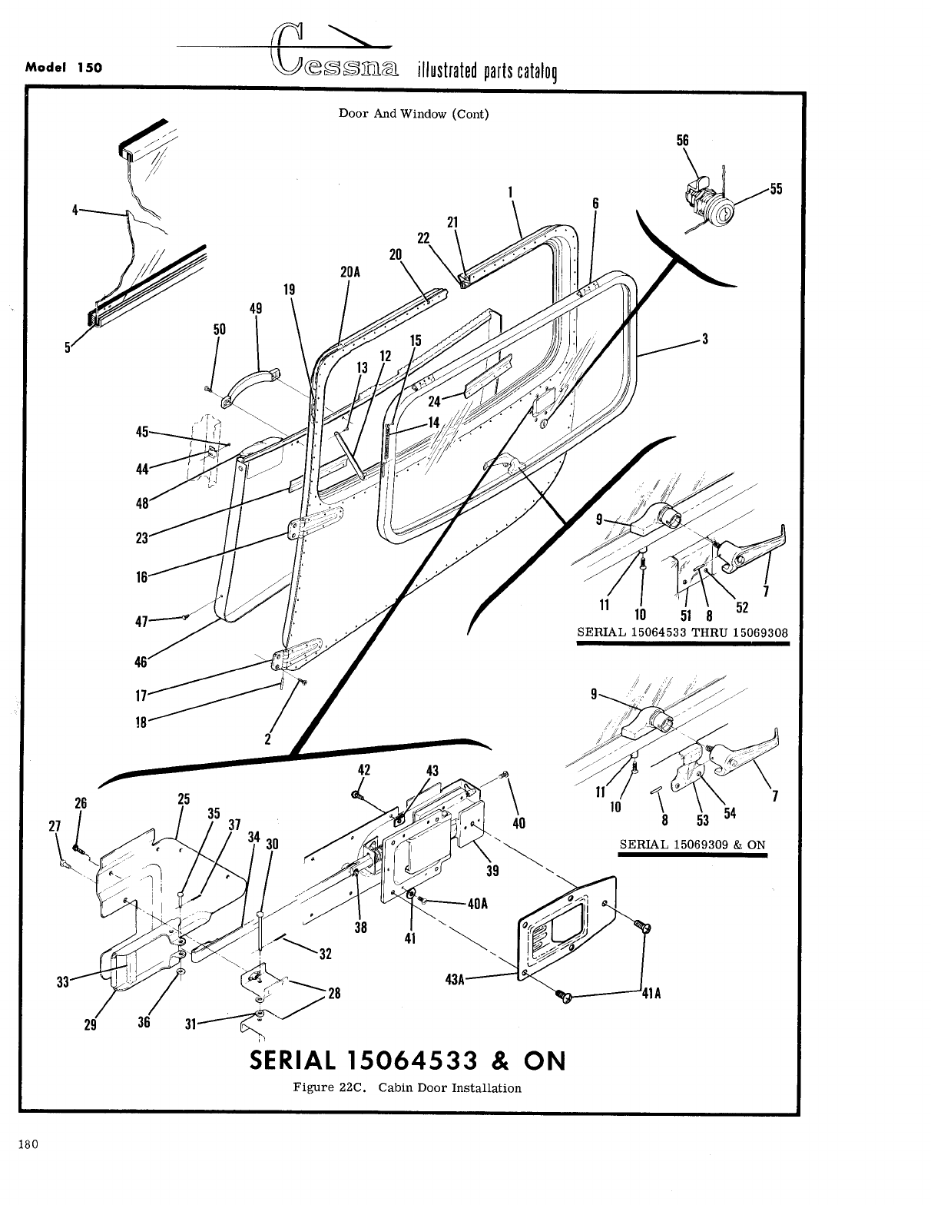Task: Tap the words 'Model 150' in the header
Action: (64, 67)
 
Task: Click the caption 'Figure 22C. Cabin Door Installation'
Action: (407, 1087)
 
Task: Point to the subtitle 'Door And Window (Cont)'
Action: (414, 114)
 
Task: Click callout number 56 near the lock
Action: (683, 141)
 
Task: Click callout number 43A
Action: (456, 978)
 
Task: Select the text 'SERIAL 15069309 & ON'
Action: (692, 845)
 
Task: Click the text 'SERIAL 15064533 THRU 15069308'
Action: (682, 632)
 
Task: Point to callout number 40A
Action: (477, 904)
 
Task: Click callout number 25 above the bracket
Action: (184, 798)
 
